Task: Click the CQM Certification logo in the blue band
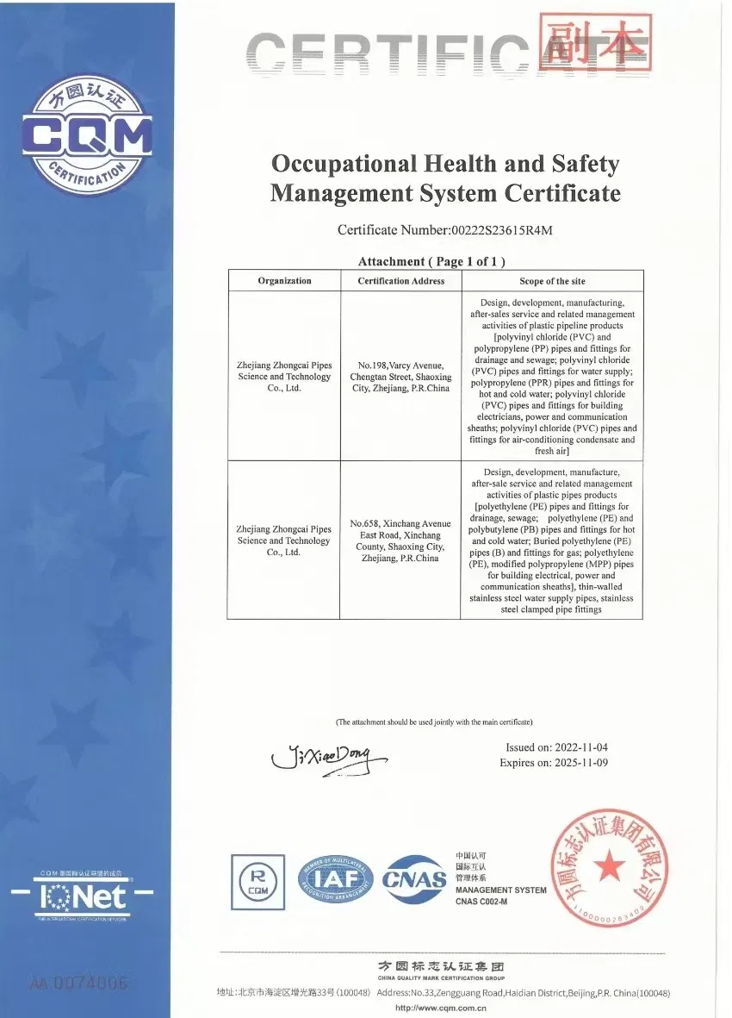point(87,134)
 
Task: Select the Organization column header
point(284,281)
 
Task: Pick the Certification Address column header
point(401,281)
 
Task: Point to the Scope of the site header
point(552,281)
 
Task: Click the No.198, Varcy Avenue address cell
point(401,377)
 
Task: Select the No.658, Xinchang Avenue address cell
point(401,540)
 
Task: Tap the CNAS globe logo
point(414,879)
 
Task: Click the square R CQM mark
point(258,879)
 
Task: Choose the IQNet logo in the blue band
point(83,896)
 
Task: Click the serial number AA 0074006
point(79,983)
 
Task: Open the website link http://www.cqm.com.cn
point(443,1007)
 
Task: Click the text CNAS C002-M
point(481,901)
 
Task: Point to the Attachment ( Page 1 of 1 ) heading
point(431,261)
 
